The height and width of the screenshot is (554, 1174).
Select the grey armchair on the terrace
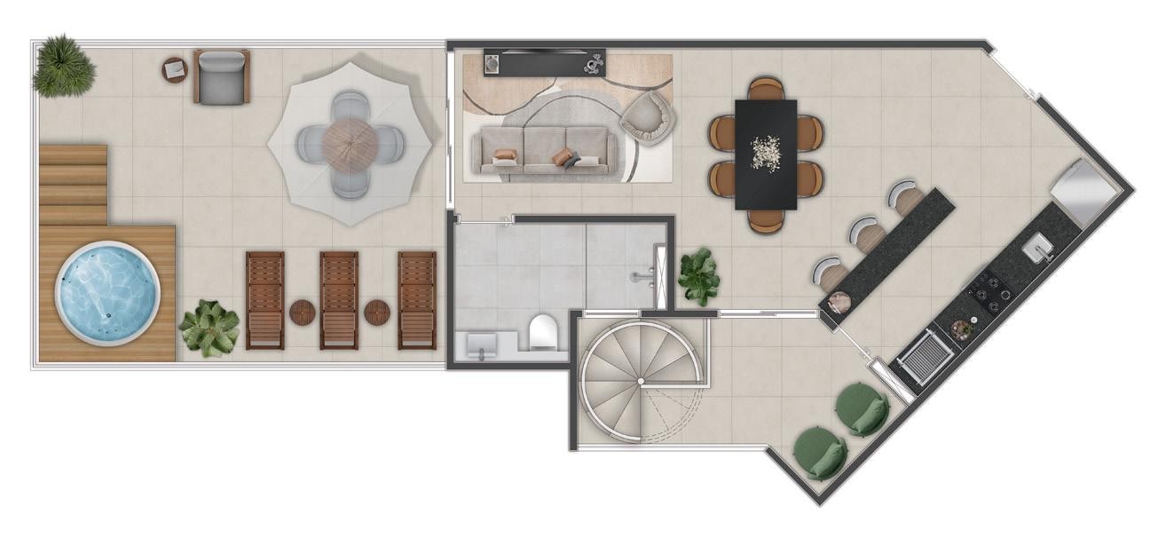point(221,77)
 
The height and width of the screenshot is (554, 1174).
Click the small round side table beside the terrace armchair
point(175,70)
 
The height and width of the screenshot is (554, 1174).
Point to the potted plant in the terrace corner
point(63,65)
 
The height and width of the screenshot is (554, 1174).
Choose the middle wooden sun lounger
point(339,299)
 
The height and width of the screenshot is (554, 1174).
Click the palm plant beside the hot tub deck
point(209,328)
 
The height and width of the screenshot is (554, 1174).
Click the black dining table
point(765,154)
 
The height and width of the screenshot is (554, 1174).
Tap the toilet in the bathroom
point(542,332)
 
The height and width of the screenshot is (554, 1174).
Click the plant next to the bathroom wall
point(699,276)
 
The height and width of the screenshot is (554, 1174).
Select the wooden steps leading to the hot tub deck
point(73,185)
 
